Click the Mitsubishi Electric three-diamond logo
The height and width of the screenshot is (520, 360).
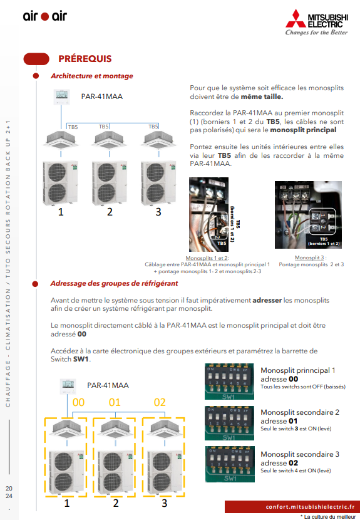coord(296,18)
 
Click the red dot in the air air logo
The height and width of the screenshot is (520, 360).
coord(44,16)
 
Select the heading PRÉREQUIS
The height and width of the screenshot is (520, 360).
coord(85,59)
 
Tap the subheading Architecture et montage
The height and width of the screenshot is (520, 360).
coord(92,76)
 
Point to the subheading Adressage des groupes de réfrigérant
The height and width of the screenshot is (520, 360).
coord(114,284)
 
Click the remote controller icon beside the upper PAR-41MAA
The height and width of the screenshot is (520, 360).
coord(62,97)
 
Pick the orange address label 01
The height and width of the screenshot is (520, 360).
coord(115,402)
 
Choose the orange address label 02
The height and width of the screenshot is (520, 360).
coord(160,402)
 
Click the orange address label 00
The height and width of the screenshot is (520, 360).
coord(78,402)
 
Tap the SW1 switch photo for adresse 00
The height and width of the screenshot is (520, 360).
coord(229,382)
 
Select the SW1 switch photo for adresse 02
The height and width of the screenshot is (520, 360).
coord(230,464)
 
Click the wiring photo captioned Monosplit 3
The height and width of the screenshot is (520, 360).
coord(308,215)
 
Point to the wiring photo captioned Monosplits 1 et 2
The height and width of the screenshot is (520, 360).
coord(209,214)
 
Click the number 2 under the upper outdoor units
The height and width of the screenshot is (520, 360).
coord(110,212)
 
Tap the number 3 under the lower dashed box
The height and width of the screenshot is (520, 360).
coord(165,503)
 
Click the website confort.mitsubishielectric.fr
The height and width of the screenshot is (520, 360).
coord(311,507)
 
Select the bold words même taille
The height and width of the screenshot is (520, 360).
coord(262,97)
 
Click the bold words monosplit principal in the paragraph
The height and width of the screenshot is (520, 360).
coord(303,130)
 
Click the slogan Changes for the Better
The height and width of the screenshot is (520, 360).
coord(317,33)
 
